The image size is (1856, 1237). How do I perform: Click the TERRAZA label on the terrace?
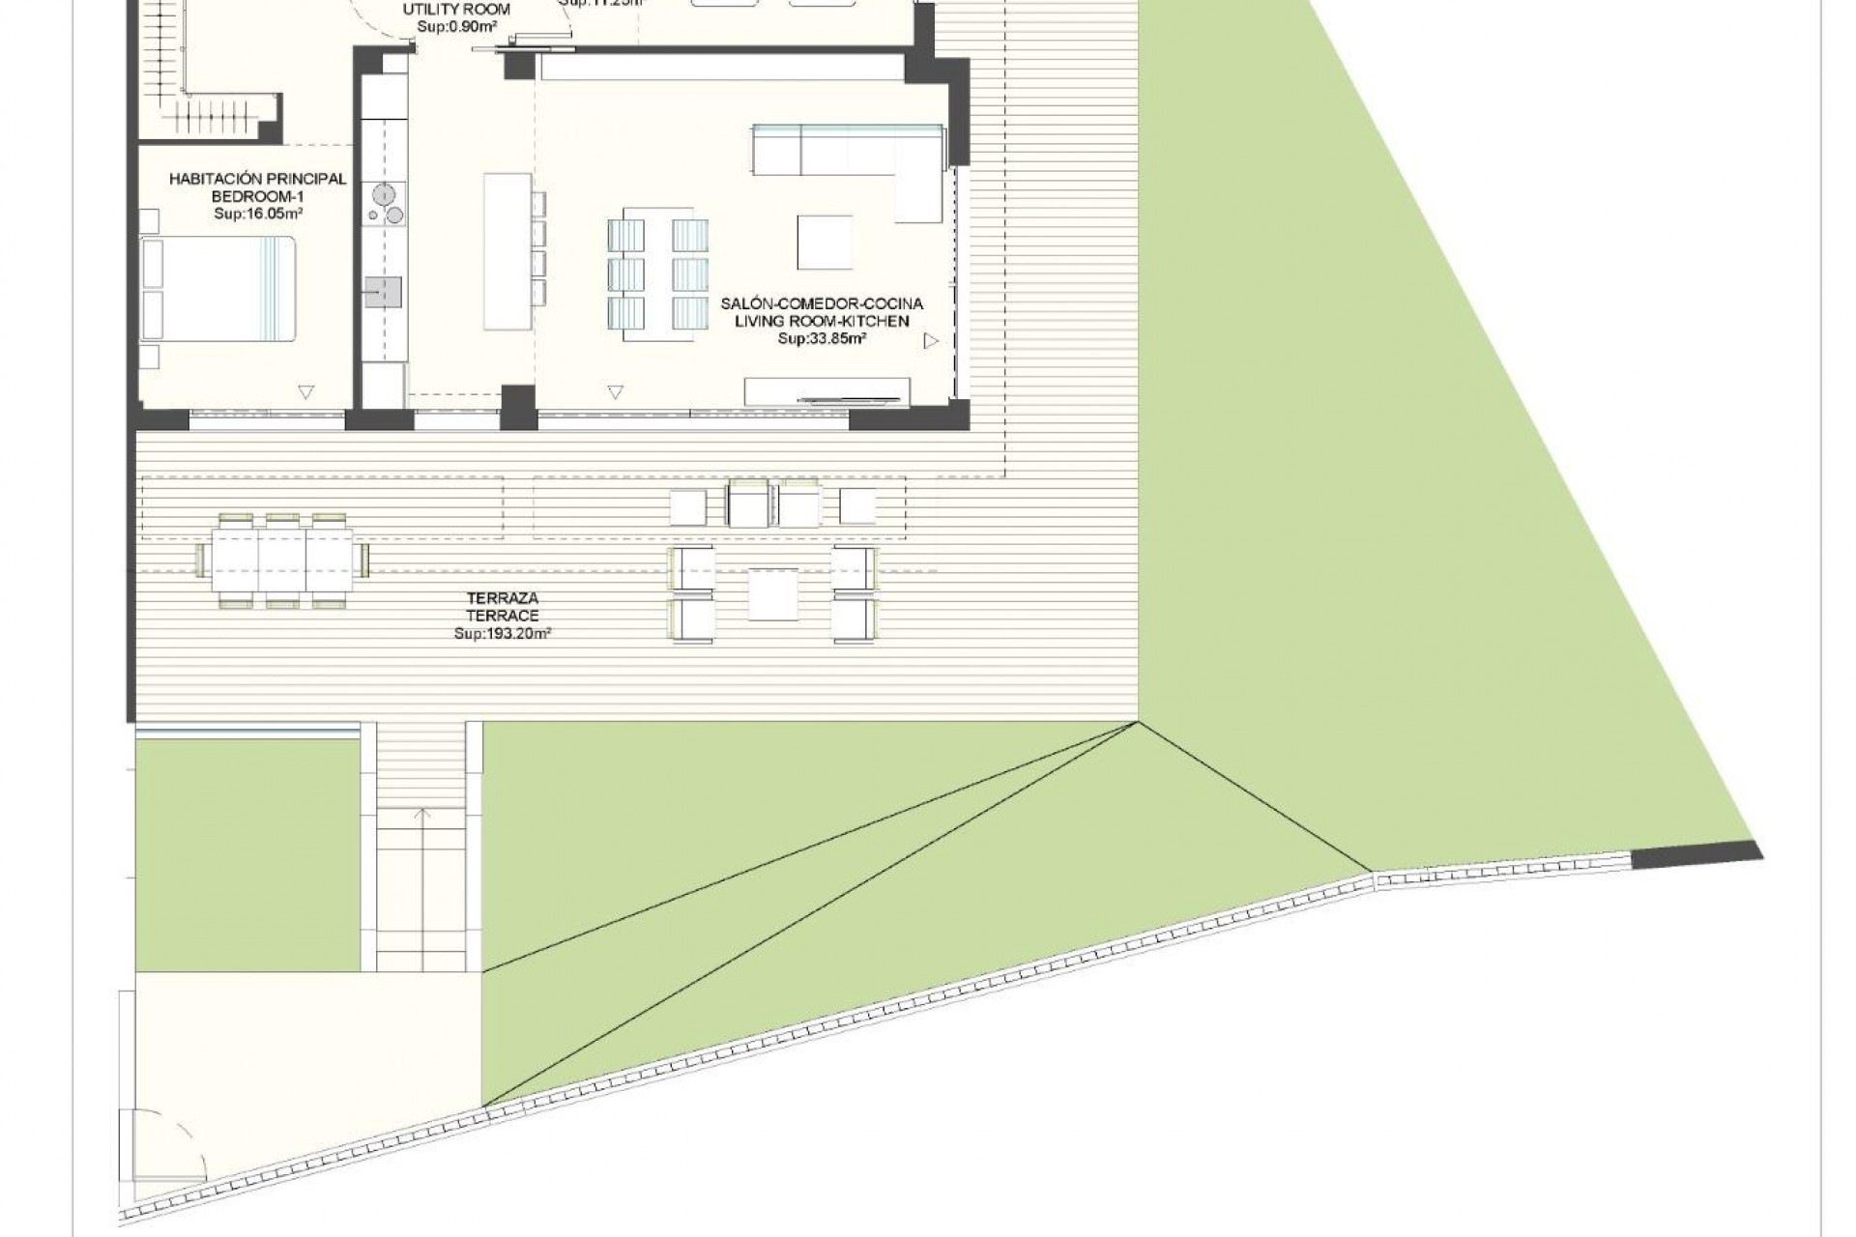(x=502, y=599)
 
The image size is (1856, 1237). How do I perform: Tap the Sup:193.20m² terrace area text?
(x=502, y=633)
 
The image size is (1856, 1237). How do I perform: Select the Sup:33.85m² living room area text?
(x=822, y=339)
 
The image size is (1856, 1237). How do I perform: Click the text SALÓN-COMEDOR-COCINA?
(x=822, y=303)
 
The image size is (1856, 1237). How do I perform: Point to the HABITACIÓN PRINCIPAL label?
(x=257, y=179)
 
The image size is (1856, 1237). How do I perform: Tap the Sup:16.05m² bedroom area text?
(x=257, y=215)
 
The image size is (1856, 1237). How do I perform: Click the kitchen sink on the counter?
(x=383, y=291)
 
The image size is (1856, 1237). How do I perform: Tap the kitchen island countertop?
(x=507, y=251)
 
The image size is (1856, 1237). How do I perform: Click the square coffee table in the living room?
(x=825, y=242)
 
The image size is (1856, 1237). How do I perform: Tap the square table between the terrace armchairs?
(x=772, y=593)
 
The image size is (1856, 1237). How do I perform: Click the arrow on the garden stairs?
(x=423, y=816)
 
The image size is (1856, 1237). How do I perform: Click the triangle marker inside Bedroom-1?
(x=305, y=392)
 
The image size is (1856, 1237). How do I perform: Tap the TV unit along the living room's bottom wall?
(x=826, y=390)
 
